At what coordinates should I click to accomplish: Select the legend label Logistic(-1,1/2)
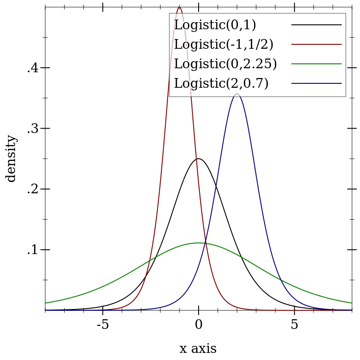click(223, 44)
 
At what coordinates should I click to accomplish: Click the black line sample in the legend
click(316, 25)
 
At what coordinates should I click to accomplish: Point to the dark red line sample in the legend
click(316, 44)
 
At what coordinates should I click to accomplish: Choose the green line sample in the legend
click(316, 64)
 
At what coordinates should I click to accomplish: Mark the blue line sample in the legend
click(316, 83)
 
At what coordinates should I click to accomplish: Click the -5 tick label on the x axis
click(102, 325)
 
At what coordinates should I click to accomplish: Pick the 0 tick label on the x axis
click(199, 325)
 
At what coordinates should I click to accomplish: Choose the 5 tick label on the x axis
click(294, 325)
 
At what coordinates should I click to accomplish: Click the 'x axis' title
click(198, 349)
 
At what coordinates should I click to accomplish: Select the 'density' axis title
click(11, 158)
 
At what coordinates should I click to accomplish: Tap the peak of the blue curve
click(237, 94)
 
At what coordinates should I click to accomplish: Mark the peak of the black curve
click(198, 159)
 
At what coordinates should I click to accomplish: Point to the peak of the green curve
click(198, 243)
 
